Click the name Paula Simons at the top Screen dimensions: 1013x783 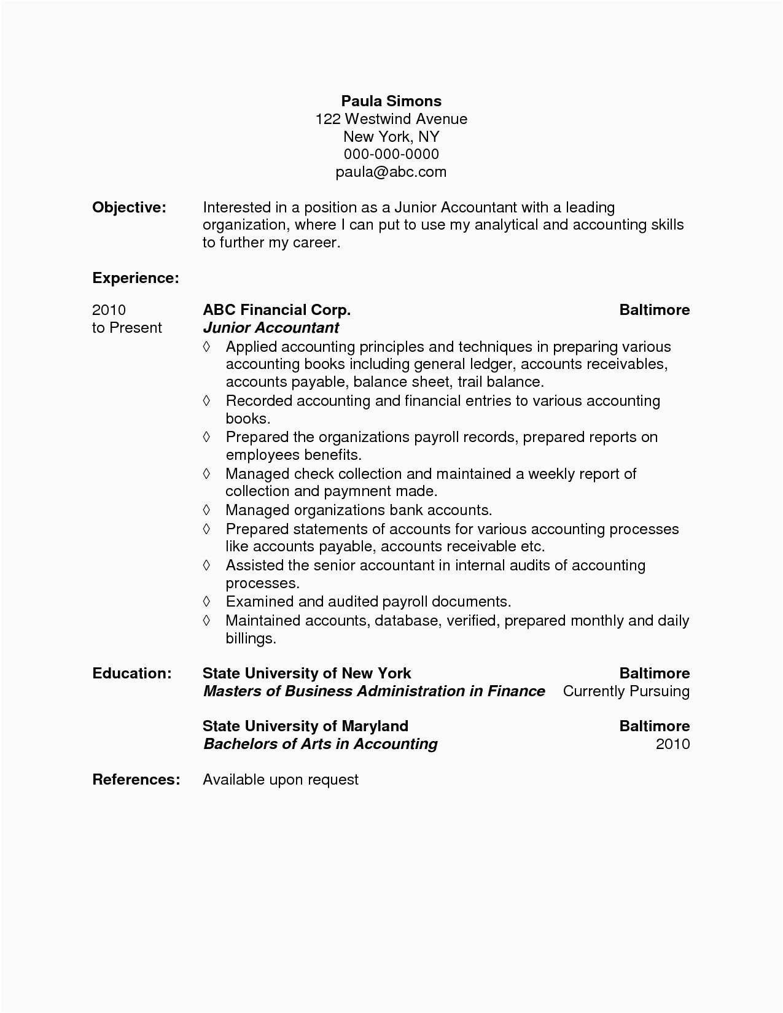click(391, 101)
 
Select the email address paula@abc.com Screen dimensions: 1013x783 click(391, 172)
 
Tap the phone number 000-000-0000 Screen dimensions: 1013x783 click(391, 154)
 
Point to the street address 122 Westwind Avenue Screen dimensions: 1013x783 click(391, 118)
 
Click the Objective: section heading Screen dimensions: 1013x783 click(129, 208)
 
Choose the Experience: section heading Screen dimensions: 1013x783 click(136, 278)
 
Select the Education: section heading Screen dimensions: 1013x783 click(132, 673)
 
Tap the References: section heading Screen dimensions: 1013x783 click(136, 780)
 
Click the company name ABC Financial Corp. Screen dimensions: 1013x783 click(276, 310)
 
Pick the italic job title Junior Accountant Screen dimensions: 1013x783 click(271, 328)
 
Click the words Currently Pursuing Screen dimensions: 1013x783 click(626, 691)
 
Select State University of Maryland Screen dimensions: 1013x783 click(305, 726)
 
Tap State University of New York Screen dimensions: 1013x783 click(307, 673)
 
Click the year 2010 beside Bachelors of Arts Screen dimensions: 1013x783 click(672, 744)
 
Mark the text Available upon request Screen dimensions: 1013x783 click(281, 780)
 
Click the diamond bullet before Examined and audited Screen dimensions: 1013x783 click(207, 601)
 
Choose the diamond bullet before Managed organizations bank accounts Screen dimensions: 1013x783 click(207, 510)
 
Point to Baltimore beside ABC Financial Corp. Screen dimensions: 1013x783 click(654, 310)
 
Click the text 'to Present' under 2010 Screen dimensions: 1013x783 click(127, 328)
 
